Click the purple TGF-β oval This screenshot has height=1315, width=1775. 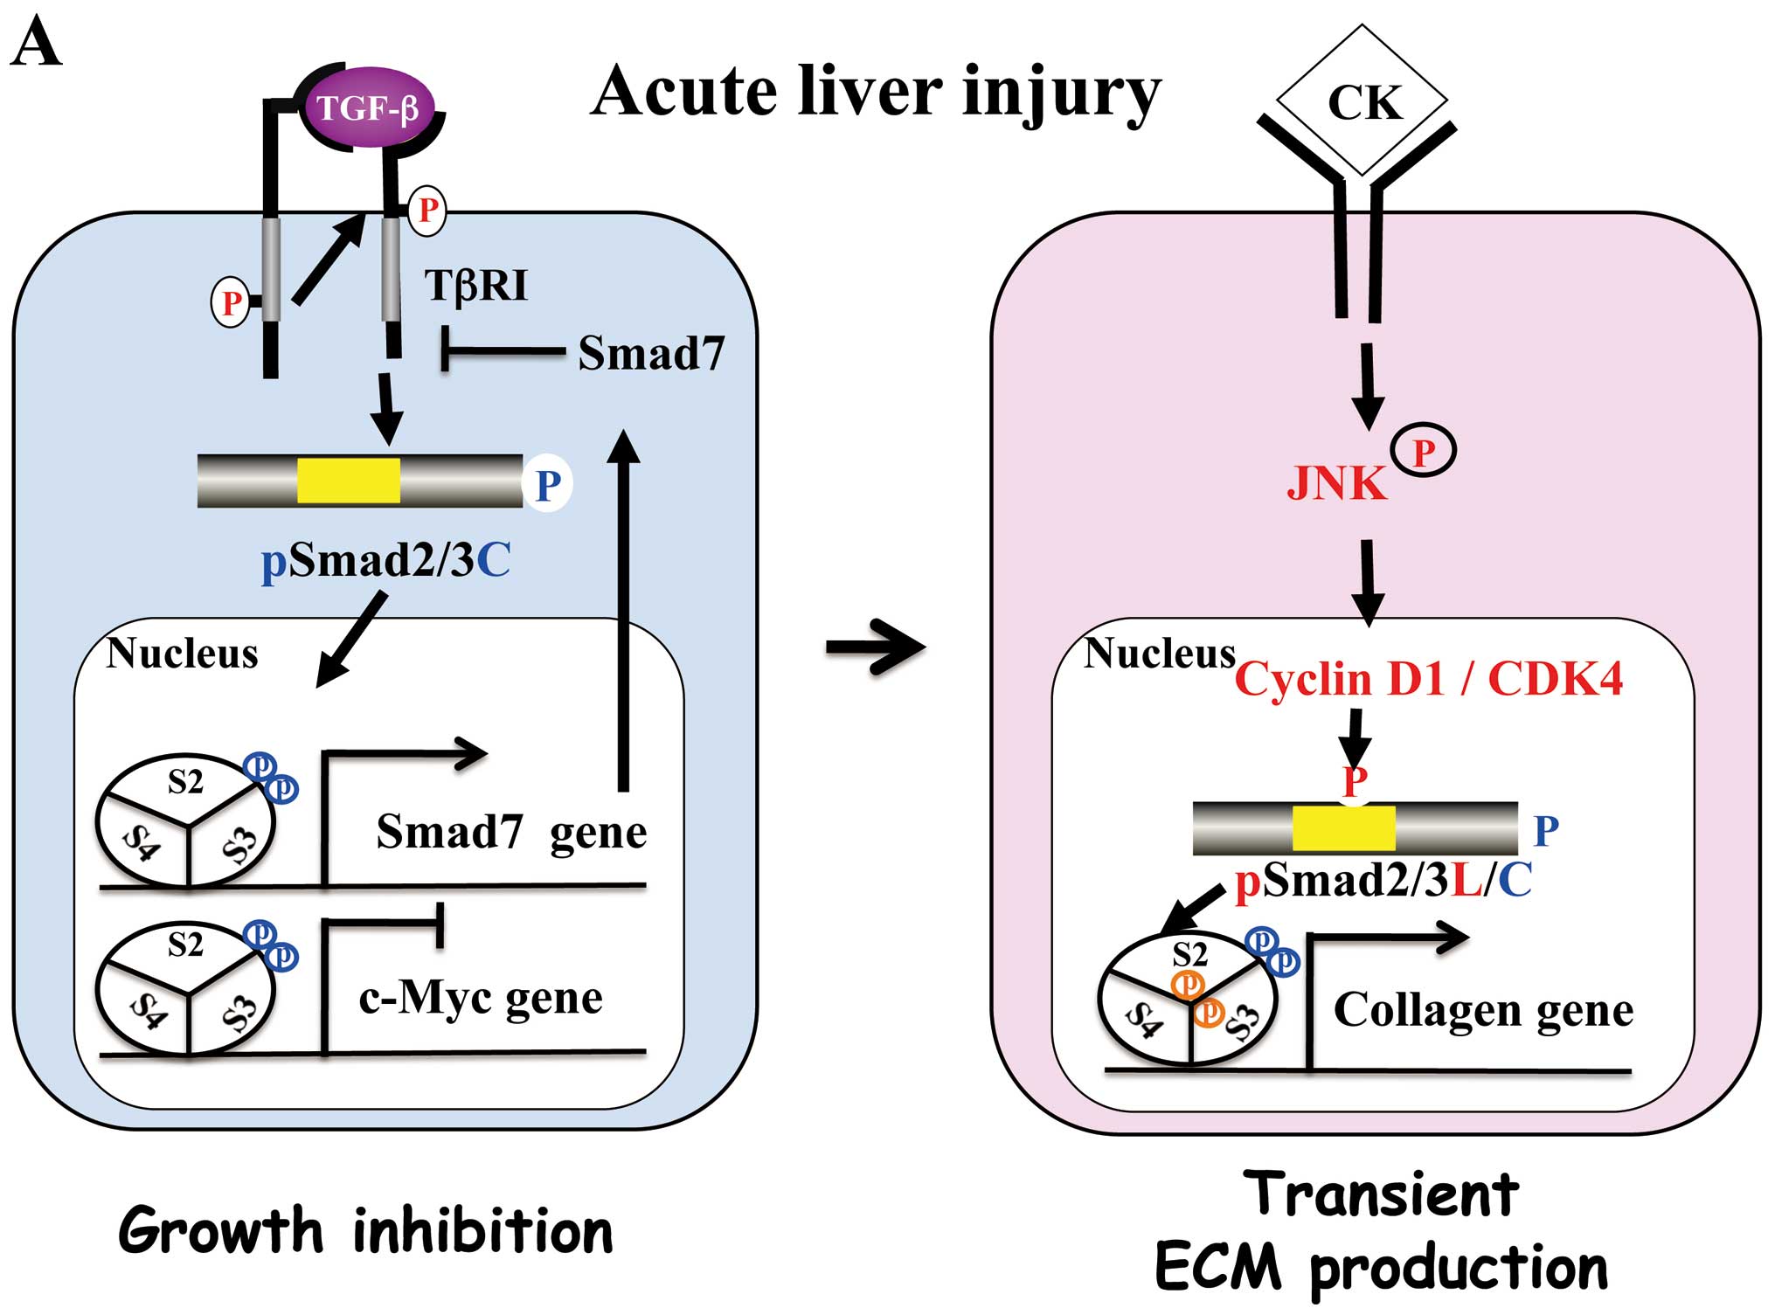tap(368, 108)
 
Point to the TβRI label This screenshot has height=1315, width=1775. tap(476, 286)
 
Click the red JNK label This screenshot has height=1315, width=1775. tap(1336, 483)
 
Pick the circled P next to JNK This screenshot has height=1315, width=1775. tap(1424, 452)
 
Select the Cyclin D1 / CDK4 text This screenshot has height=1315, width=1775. tap(1428, 679)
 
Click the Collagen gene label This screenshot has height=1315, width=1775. tap(1483, 1010)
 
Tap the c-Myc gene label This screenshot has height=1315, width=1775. tap(481, 997)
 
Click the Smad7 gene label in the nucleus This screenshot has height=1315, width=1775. tap(511, 832)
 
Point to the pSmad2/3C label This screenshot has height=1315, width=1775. tap(385, 560)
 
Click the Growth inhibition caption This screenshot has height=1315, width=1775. tap(365, 1231)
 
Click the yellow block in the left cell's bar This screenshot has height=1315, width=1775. tap(349, 481)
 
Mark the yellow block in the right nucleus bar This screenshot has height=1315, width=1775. tap(1343, 828)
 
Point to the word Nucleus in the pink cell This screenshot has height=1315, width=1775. tap(1159, 654)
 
